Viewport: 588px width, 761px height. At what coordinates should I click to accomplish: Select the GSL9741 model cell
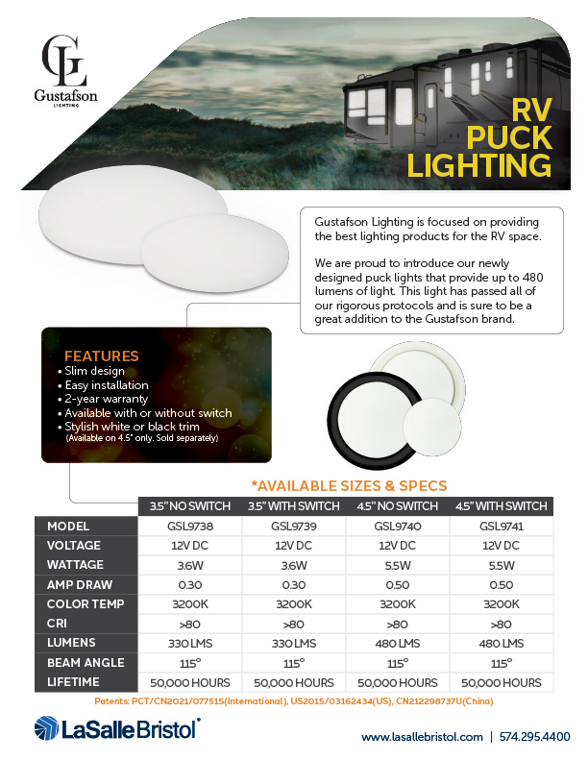point(500,526)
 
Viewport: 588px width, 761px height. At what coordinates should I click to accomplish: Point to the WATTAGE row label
point(75,565)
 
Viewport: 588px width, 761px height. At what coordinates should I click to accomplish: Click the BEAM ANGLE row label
point(85,663)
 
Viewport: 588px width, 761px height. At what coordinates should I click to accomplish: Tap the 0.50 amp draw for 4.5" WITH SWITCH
point(500,584)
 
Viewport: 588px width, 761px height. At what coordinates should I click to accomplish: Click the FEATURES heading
point(101,356)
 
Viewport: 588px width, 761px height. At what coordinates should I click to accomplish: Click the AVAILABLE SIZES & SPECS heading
point(348,485)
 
